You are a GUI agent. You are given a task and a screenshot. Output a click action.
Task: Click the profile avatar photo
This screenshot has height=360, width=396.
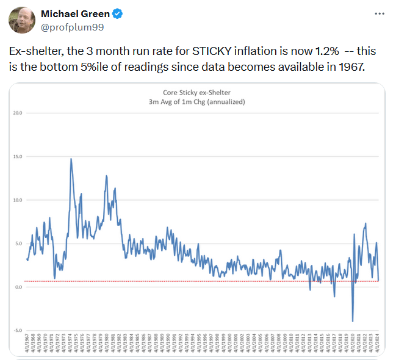click(x=21, y=20)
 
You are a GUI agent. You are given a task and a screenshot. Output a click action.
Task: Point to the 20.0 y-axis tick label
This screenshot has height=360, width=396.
click(x=18, y=113)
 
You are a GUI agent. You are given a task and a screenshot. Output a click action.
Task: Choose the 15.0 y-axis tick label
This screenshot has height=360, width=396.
click(x=18, y=157)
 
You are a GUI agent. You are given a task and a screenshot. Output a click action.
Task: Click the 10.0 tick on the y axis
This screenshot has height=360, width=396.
click(x=18, y=200)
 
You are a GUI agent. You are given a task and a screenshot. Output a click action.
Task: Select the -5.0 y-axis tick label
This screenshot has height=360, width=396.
click(x=18, y=330)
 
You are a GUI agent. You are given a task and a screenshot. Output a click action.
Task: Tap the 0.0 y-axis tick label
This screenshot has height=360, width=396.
click(x=18, y=287)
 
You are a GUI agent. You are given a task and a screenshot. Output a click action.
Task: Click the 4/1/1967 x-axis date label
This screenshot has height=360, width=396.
click(x=27, y=343)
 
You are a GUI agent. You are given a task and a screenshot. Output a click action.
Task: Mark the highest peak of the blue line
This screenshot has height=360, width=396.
click(x=71, y=159)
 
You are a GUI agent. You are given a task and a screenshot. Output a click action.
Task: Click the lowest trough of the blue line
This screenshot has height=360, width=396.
click(x=353, y=321)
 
